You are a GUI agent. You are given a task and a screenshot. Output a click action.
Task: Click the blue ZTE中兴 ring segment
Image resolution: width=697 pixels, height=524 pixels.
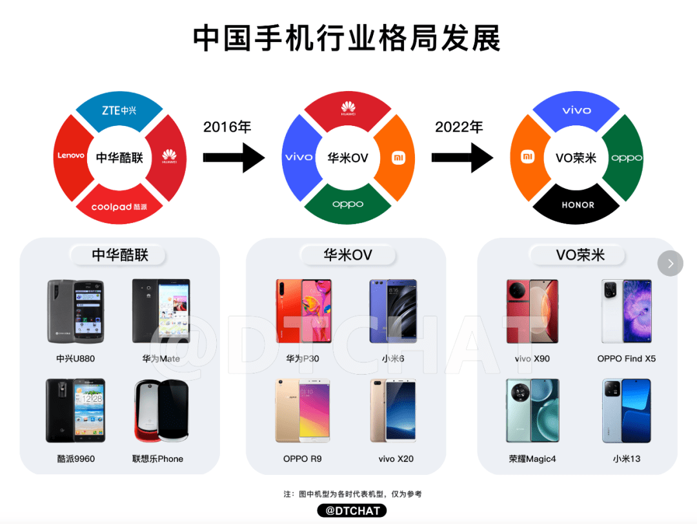pos(119,110)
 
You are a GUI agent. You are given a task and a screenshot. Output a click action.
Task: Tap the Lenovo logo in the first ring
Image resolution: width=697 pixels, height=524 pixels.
pos(71,155)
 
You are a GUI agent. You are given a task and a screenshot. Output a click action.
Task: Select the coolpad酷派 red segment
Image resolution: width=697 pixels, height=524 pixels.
pos(119,205)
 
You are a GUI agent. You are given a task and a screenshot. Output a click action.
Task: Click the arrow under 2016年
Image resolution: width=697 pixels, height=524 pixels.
pos(234,158)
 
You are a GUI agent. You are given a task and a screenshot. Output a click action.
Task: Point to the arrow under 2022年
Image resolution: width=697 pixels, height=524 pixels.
pos(462,158)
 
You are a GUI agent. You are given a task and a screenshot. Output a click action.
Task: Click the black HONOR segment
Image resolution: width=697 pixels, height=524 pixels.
pos(576,205)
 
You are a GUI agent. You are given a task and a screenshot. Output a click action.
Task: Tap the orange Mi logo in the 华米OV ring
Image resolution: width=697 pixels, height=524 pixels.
pos(398,158)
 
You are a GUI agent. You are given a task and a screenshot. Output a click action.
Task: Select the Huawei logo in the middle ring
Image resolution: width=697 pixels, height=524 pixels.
pos(348,108)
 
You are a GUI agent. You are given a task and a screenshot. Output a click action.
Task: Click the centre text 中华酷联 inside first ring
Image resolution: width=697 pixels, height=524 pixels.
pos(119,158)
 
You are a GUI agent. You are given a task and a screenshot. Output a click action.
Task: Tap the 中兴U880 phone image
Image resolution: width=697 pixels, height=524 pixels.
pos(76,311)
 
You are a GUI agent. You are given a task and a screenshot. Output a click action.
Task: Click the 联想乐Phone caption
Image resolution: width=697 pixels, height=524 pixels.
pos(157,459)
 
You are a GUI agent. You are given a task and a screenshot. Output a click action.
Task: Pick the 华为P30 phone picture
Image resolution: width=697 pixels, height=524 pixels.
pos(303,311)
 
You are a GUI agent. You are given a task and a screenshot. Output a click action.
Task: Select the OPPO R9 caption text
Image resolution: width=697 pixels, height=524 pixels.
pos(302,459)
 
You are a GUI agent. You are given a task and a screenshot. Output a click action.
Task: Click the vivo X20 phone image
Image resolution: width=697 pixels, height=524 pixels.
pos(393,410)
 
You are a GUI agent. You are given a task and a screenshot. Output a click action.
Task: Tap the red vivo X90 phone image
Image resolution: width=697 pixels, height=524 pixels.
pos(532,311)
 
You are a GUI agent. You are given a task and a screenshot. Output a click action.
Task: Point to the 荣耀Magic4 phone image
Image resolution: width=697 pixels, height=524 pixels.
pos(532,410)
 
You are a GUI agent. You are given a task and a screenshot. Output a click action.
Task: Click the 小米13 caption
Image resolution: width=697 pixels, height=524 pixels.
pos(626,459)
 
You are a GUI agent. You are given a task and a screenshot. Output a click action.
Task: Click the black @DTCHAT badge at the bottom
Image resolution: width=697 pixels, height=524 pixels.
pos(352,510)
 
